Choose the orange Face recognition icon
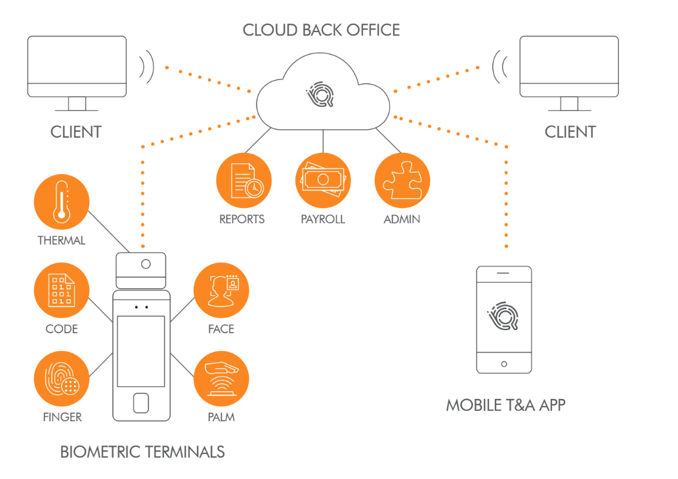[222, 291]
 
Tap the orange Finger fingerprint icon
[61, 379]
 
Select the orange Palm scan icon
[222, 379]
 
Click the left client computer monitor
[77, 67]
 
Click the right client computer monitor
[568, 67]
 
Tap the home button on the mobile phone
[504, 364]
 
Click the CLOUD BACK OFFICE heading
[321, 30]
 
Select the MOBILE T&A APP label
[505, 405]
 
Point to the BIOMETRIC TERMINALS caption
[142, 451]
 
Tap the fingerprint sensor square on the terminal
[141, 402]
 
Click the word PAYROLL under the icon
[323, 219]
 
